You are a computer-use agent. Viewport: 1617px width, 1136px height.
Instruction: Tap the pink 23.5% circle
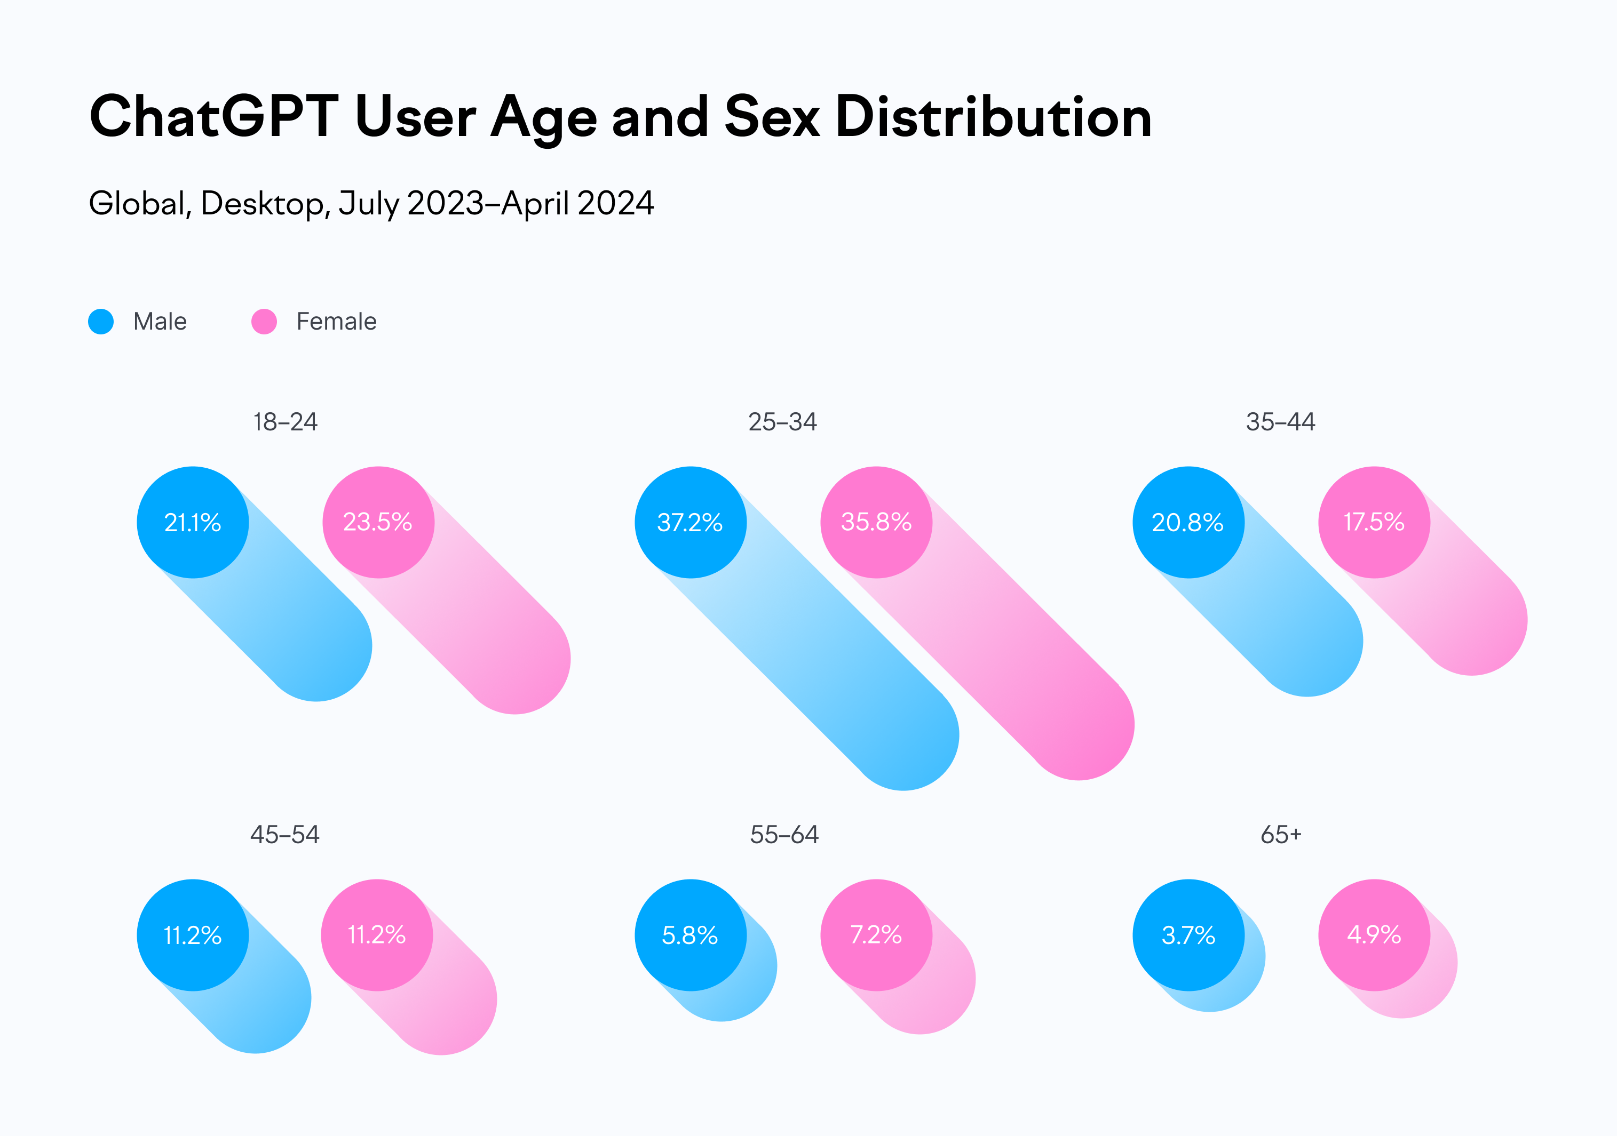pyautogui.click(x=378, y=522)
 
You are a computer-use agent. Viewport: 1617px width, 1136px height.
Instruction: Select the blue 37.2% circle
pyautogui.click(x=690, y=522)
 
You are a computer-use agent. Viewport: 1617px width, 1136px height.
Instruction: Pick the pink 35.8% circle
pyautogui.click(x=876, y=522)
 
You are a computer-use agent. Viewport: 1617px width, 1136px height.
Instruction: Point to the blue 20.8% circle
pyautogui.click(x=1188, y=522)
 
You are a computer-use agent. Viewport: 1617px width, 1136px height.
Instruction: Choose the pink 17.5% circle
pyautogui.click(x=1374, y=522)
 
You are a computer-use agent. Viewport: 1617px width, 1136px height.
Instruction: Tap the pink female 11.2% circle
pyautogui.click(x=377, y=935)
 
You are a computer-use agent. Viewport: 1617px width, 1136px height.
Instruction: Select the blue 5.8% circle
pyautogui.click(x=690, y=935)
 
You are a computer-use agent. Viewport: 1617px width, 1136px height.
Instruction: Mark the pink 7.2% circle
pyautogui.click(x=876, y=935)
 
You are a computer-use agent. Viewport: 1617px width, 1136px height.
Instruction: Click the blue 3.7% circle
pyautogui.click(x=1188, y=935)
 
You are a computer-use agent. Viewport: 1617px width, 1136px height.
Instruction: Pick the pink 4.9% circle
pyautogui.click(x=1374, y=935)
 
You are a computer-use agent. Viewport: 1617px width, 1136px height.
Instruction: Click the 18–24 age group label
pyautogui.click(x=285, y=422)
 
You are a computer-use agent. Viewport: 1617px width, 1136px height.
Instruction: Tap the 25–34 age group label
pyautogui.click(x=782, y=422)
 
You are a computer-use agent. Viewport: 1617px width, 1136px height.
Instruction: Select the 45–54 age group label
pyautogui.click(x=285, y=835)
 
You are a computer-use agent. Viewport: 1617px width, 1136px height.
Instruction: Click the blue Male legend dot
pyautogui.click(x=101, y=322)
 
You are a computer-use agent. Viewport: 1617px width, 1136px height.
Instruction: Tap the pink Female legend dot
pyautogui.click(x=264, y=322)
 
